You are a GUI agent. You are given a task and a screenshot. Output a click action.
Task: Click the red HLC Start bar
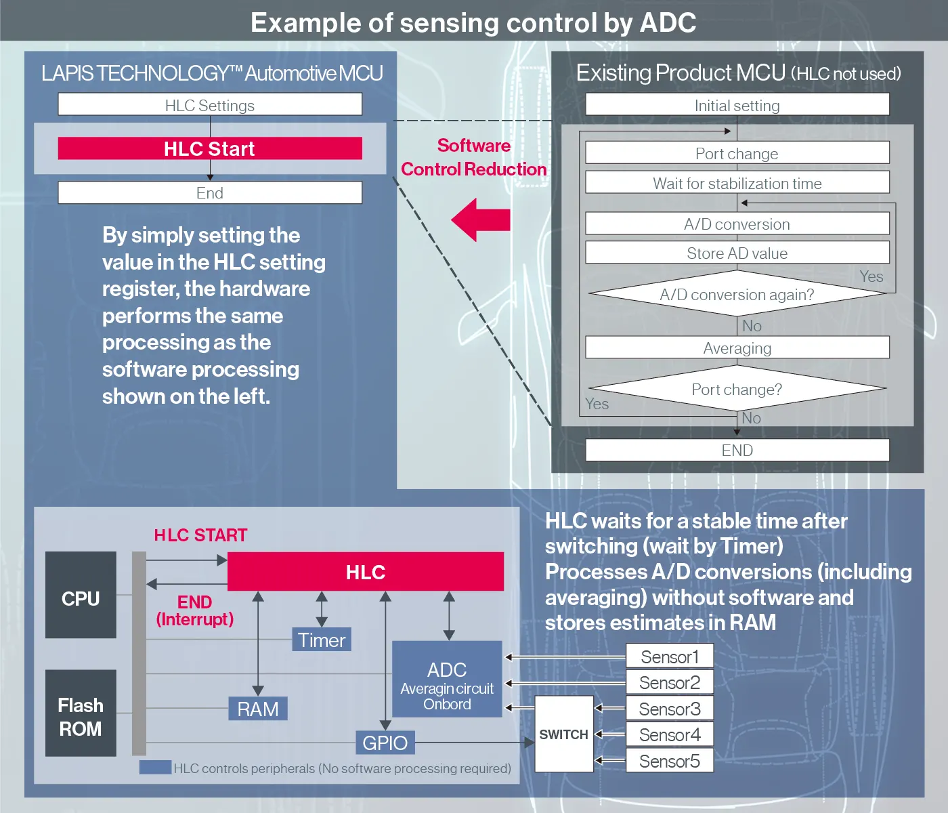tap(210, 148)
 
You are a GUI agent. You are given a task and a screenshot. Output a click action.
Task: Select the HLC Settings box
tap(210, 105)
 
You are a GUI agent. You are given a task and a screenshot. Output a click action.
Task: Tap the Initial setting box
tap(737, 105)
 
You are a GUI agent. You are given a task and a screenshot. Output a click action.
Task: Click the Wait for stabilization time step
tap(737, 183)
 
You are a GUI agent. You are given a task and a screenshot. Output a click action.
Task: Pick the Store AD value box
tap(737, 253)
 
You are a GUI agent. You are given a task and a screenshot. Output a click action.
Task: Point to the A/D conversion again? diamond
tap(737, 294)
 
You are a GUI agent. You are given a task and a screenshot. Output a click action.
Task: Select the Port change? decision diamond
tap(737, 389)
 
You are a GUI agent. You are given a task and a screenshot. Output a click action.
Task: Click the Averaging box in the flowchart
tap(737, 348)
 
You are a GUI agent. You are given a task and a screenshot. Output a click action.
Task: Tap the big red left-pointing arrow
tap(481, 220)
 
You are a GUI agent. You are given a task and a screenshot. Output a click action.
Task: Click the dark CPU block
tap(81, 595)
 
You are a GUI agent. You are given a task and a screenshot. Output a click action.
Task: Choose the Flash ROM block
tap(81, 713)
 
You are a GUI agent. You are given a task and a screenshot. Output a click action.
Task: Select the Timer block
tap(322, 640)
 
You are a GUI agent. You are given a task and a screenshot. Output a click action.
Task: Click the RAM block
tap(258, 709)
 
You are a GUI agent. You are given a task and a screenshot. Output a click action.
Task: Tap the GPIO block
tap(385, 743)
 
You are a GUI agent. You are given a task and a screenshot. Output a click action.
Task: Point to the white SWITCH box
tap(564, 734)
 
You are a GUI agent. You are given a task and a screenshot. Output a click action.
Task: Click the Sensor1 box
tap(669, 656)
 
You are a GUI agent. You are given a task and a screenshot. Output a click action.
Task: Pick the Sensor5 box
tap(669, 761)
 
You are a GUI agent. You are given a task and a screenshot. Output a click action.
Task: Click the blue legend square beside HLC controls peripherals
tap(155, 768)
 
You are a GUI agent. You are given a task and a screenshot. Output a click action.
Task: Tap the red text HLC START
tap(200, 535)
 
